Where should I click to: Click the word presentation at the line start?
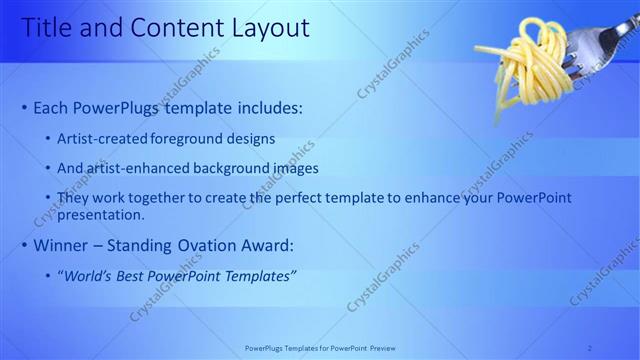pos(100,214)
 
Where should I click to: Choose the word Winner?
pos(63,246)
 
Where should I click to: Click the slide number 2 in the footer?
pos(590,348)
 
